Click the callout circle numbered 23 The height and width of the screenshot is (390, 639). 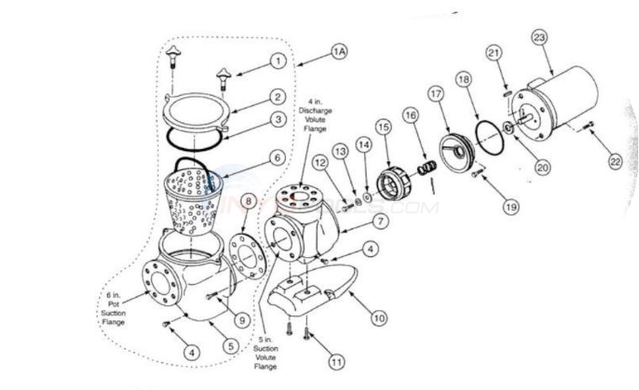tap(540, 37)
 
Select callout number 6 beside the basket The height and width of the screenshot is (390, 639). tap(275, 156)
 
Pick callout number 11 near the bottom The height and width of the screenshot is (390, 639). tap(336, 363)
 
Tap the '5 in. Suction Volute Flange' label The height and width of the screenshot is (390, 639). tap(268, 351)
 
